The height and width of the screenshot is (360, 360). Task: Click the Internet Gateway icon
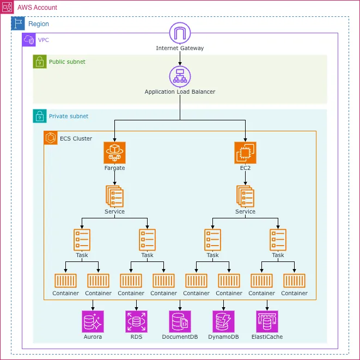point(180,33)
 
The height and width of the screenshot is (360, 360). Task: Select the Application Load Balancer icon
point(180,76)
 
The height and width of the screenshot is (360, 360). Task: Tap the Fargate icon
point(114,152)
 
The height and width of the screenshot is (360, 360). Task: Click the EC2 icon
point(245,152)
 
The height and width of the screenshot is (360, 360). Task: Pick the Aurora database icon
point(93,321)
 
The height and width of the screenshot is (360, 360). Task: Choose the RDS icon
point(136,321)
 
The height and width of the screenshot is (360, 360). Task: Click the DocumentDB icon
point(180,321)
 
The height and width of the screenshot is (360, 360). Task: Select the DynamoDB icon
point(223,321)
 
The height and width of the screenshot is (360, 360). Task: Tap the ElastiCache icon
point(267,321)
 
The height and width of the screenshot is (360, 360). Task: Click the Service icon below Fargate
point(114,196)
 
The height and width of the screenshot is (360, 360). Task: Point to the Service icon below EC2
point(245,196)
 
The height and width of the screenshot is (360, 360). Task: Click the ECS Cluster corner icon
point(51,138)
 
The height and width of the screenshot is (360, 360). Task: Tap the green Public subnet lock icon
point(40,62)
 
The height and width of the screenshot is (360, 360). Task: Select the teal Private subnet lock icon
point(40,116)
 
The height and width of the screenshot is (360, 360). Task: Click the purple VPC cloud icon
point(29,40)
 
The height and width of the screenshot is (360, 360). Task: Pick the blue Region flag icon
point(18,23)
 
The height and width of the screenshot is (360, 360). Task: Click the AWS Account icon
point(7,7)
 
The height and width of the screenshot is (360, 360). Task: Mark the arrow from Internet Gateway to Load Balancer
point(180,58)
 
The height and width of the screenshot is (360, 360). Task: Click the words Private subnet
point(69,116)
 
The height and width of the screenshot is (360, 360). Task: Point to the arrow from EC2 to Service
point(245,178)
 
